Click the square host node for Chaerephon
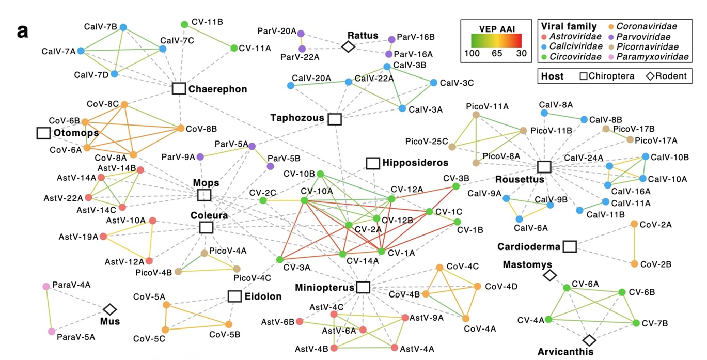click(179, 88)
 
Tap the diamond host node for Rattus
click(349, 46)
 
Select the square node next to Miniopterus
click(363, 287)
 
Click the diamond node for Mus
click(109, 309)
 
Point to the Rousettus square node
click(543, 167)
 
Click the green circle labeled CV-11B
click(184, 24)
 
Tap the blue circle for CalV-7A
click(81, 51)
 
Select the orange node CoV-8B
click(181, 128)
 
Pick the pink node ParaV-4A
click(46, 286)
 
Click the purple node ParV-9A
click(200, 156)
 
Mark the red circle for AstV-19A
click(103, 237)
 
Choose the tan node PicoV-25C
click(452, 147)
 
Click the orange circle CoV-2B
click(634, 264)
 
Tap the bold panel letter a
click(23, 31)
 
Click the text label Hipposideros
click(415, 163)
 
